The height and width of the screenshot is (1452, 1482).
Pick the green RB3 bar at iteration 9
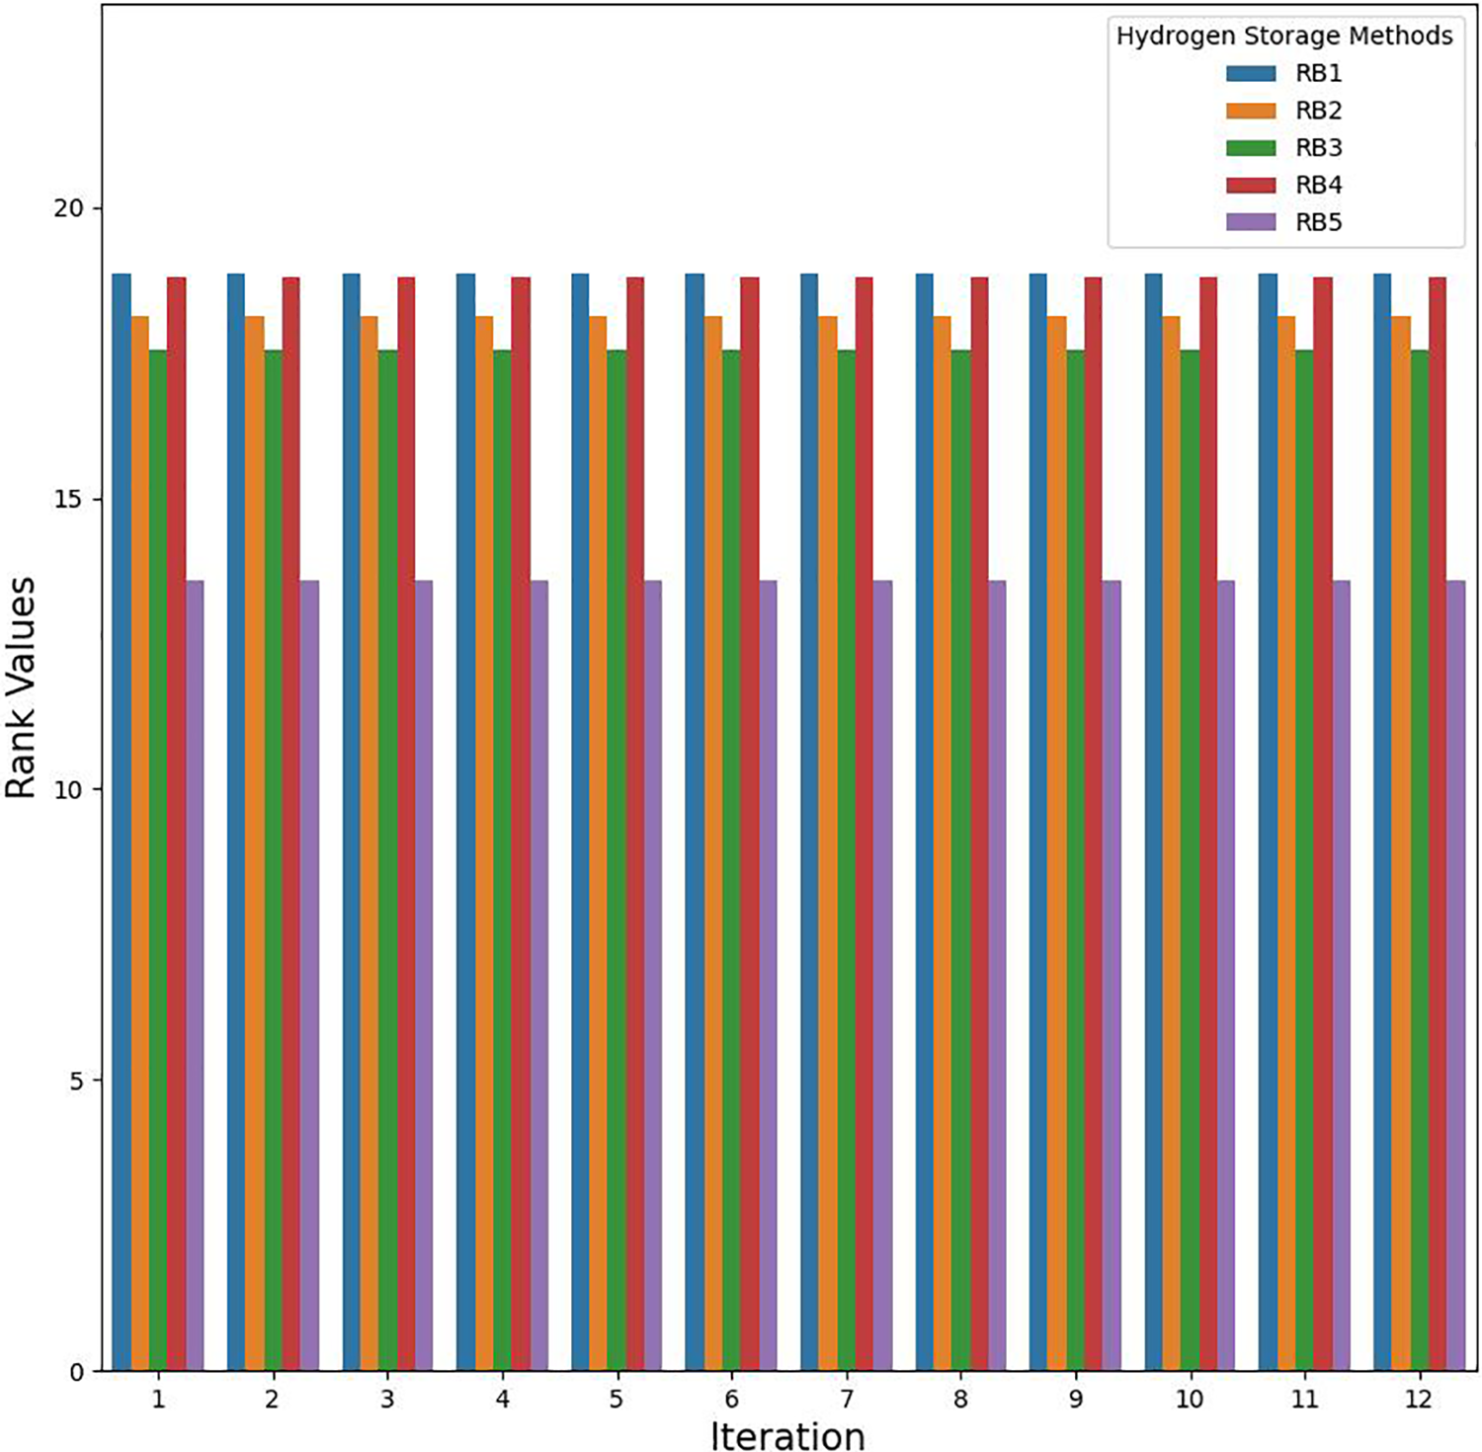1076,859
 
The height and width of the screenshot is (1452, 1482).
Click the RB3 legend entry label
1318,148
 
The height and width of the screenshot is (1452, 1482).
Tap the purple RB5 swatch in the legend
1251,222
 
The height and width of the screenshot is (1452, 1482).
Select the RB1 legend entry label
1318,73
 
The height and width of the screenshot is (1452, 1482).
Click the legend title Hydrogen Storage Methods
1283,37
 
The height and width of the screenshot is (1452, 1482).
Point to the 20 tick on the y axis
69,208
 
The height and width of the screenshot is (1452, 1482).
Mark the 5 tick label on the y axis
76,1081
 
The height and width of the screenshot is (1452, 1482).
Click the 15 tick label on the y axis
69,500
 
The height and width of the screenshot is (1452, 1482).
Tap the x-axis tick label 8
960,1399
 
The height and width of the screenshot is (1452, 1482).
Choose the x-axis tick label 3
387,1399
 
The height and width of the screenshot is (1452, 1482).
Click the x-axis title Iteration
787,1435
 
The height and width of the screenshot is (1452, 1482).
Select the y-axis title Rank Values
22,687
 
